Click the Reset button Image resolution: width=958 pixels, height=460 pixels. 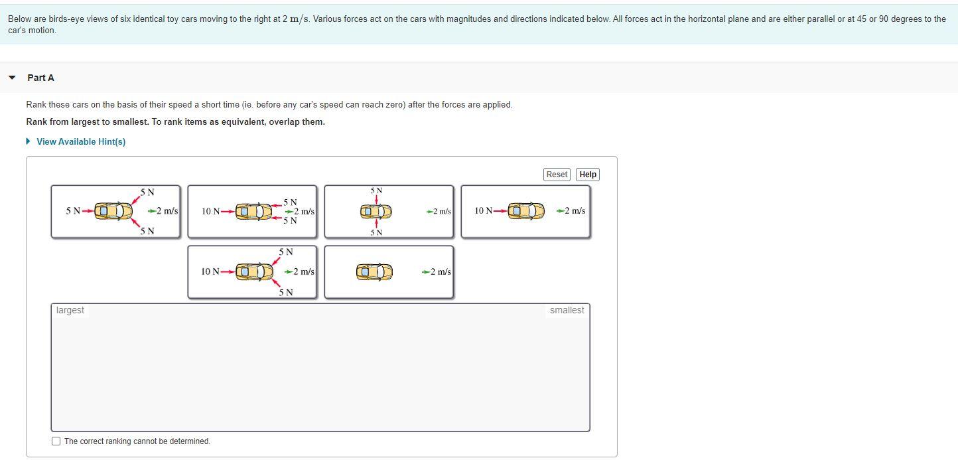pyautogui.click(x=557, y=175)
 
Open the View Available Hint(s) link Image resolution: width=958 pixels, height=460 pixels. pyautogui.click(x=80, y=141)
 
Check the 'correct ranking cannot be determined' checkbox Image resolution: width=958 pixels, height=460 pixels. pyautogui.click(x=56, y=441)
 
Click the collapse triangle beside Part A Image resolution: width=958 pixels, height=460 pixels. pyautogui.click(x=12, y=78)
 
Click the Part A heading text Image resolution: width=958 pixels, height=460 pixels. pyautogui.click(x=40, y=78)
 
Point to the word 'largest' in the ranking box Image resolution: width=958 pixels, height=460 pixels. pyautogui.click(x=70, y=310)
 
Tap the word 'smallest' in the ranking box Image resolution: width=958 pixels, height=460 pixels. pyautogui.click(x=567, y=310)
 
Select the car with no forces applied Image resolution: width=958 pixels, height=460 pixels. pyautogui.click(x=375, y=272)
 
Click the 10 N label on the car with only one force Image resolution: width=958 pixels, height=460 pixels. pyautogui.click(x=484, y=211)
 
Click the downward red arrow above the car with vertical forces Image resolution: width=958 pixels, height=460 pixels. pyautogui.click(x=376, y=200)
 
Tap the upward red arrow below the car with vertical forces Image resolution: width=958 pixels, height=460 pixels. pyautogui.click(x=376, y=224)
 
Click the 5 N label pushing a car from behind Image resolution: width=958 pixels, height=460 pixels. pyautogui.click(x=72, y=211)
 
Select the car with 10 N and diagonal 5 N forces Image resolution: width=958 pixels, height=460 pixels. pyautogui.click(x=255, y=271)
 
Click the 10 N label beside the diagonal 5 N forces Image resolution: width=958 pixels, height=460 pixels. pyautogui.click(x=210, y=271)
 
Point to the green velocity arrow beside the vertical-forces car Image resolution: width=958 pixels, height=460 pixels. pyautogui.click(x=430, y=212)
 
